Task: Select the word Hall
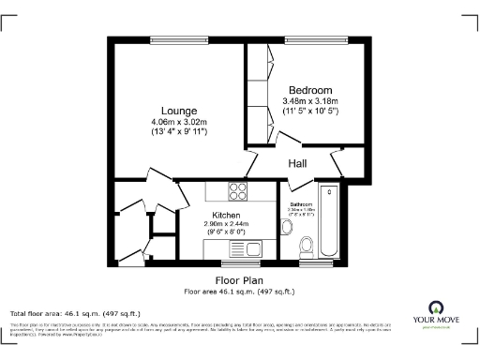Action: coord(297,163)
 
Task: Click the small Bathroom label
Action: coord(301,203)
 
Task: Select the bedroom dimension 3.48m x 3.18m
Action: coord(310,101)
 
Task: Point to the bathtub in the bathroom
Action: coord(329,221)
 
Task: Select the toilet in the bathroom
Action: coord(306,247)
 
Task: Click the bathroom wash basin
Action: coord(285,225)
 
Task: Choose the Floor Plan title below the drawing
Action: coord(239,280)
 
